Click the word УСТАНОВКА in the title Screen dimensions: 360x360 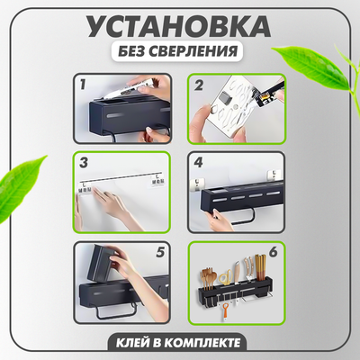pos(180,25)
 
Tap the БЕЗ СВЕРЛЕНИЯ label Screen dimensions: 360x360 pos(180,51)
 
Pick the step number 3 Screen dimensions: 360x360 pos(84,166)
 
